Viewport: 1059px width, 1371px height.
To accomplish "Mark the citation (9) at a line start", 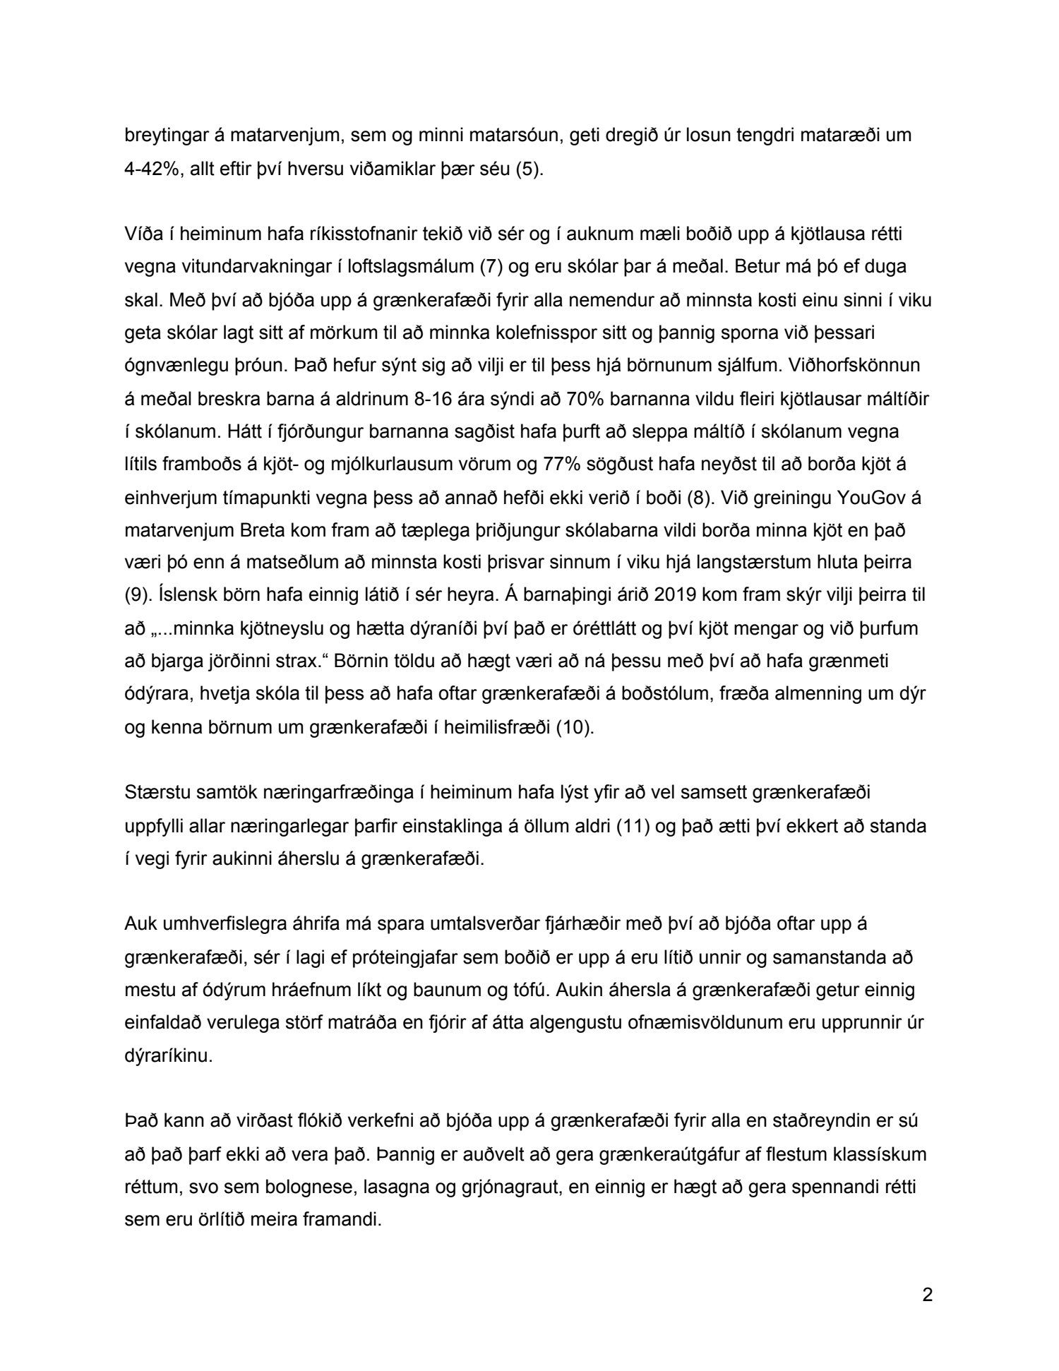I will point(138,595).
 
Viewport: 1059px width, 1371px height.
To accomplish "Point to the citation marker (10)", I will point(575,726).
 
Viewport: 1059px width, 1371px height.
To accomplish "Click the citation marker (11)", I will point(632,825).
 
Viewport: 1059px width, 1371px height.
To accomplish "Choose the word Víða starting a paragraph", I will point(142,234).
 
